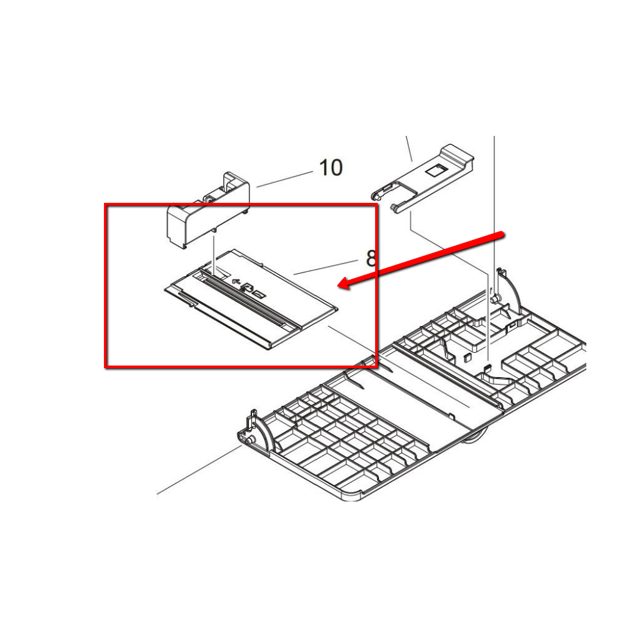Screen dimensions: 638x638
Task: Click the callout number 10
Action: coord(330,168)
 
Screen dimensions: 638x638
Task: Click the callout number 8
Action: coord(371,258)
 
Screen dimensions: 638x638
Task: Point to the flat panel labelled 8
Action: coord(251,299)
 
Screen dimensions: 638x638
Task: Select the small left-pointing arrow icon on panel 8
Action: coord(235,281)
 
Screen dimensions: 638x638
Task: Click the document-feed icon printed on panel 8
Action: coord(246,287)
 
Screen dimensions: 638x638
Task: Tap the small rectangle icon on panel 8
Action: coord(260,293)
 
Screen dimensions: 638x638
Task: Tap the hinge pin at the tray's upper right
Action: coord(496,299)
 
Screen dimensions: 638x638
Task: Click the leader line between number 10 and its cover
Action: coord(285,179)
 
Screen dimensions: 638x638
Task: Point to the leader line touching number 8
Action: coord(326,267)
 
